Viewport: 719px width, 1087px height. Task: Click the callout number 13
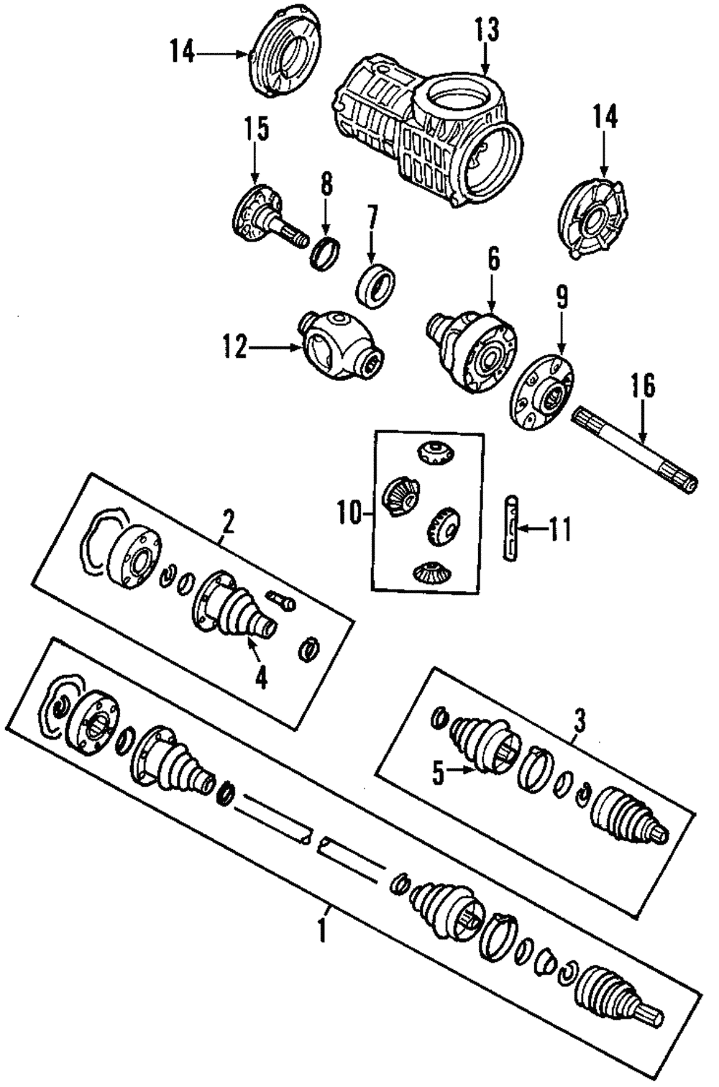(486, 30)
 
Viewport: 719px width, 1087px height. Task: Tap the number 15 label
(255, 129)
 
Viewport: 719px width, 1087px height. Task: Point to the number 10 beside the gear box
(349, 513)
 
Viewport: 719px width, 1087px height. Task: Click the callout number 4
(260, 676)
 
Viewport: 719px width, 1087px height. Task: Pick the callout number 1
(323, 932)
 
